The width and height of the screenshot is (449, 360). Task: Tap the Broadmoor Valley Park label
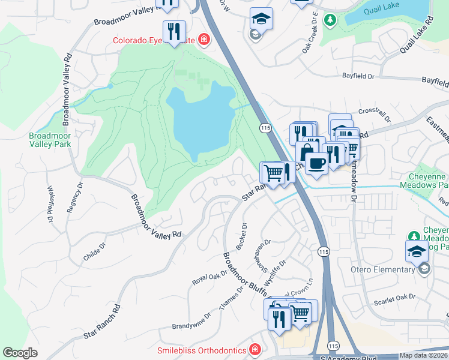pos(50,140)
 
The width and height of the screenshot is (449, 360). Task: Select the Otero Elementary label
pos(382,269)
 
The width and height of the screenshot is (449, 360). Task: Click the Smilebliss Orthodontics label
pos(202,350)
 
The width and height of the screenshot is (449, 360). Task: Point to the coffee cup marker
pos(316,163)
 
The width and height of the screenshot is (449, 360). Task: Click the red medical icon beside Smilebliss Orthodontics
pos(255,349)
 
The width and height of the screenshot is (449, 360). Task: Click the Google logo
pos(20,353)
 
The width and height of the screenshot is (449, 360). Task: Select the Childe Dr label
pos(94,251)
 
